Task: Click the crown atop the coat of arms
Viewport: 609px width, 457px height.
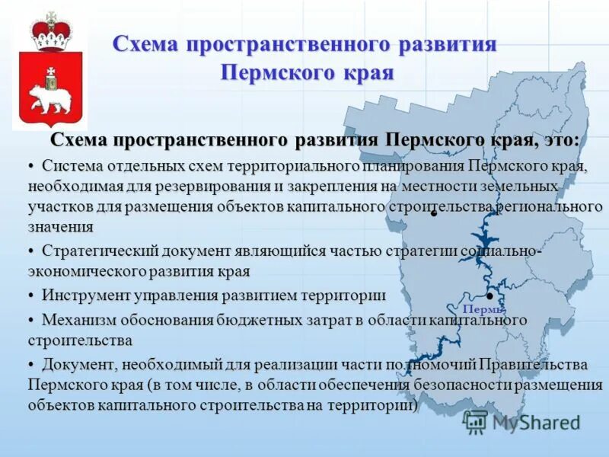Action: tap(51, 31)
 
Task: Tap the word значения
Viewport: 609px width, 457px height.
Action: tap(61, 226)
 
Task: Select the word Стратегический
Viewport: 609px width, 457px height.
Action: tap(106, 251)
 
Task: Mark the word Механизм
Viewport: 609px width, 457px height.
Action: tap(78, 319)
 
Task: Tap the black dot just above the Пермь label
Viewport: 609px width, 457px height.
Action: tap(489, 296)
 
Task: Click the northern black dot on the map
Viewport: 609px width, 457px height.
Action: tap(433, 214)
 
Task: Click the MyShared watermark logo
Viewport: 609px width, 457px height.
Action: tap(521, 420)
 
